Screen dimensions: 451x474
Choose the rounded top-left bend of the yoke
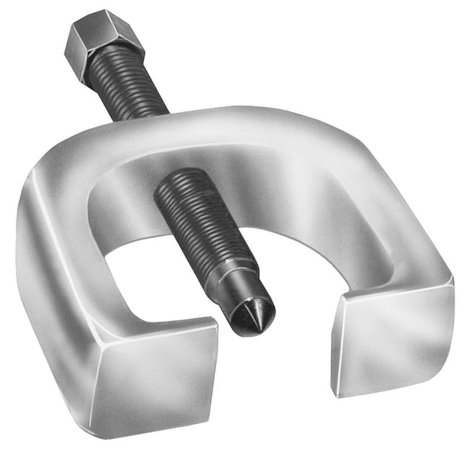pyautogui.click(x=65, y=160)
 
